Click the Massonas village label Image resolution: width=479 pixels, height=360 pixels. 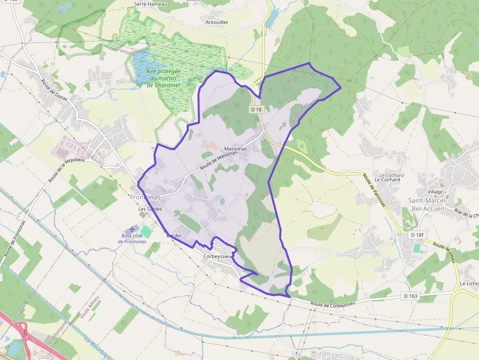tap(235, 148)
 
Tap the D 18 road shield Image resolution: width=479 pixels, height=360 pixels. tap(257, 110)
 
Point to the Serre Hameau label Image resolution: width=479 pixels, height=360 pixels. tap(151, 4)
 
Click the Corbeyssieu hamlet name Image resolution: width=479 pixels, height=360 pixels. tap(218, 256)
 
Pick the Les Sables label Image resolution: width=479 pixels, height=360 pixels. tap(150, 209)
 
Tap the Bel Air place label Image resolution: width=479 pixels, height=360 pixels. tap(174, 235)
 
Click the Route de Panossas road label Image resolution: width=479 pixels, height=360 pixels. tap(374, 190)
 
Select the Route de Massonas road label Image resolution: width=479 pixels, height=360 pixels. tap(218, 160)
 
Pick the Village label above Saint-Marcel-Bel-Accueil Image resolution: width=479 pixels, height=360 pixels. tap(435, 191)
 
